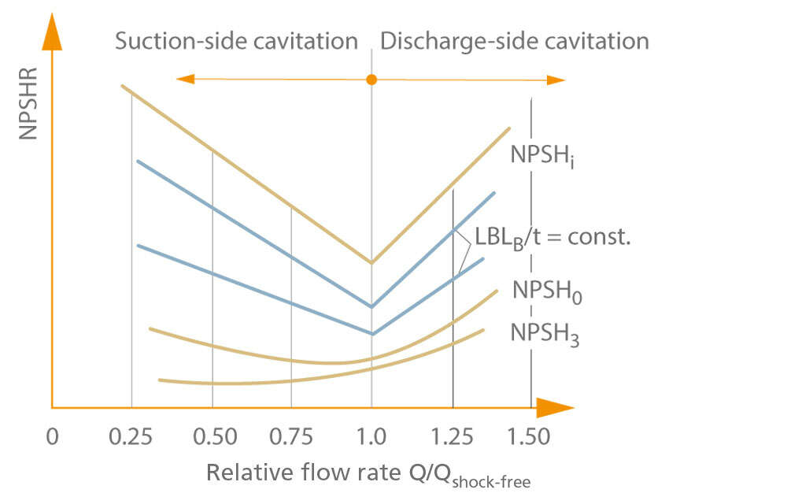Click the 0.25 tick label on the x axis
[x=132, y=436]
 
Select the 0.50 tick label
[x=212, y=436]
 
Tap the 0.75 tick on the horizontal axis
[x=292, y=436]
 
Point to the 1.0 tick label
[x=371, y=436]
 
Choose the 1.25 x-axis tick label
[x=453, y=436]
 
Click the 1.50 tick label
[x=530, y=436]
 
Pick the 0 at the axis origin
[x=52, y=436]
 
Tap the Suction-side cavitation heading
[x=236, y=41]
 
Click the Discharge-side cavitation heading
[x=515, y=41]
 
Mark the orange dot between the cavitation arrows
[x=372, y=80]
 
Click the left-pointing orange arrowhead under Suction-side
[x=185, y=79]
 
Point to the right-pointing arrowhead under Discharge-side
[x=556, y=80]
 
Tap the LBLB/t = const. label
[x=552, y=236]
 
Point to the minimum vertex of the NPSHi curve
[x=371, y=262]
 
